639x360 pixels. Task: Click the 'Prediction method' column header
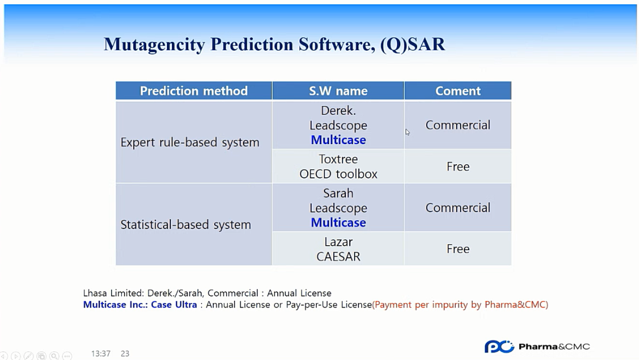click(x=194, y=90)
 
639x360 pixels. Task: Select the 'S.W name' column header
click(x=338, y=90)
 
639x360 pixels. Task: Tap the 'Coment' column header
click(x=458, y=90)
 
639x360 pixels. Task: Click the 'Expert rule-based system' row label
click(x=190, y=142)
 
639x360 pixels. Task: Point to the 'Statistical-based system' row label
click(x=186, y=225)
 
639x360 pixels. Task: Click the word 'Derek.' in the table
click(x=338, y=110)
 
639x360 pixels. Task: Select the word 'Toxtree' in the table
click(x=338, y=159)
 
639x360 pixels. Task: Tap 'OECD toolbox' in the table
click(x=338, y=174)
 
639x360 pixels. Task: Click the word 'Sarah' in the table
click(x=338, y=193)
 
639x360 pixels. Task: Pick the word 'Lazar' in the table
click(x=338, y=242)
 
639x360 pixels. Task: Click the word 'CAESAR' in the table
click(x=338, y=257)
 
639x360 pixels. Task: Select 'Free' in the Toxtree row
click(x=458, y=166)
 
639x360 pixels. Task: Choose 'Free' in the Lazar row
click(x=458, y=249)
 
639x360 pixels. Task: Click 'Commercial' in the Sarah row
click(x=458, y=208)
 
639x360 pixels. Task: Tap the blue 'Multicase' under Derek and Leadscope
click(x=338, y=140)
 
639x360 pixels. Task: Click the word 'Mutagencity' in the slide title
click(x=154, y=45)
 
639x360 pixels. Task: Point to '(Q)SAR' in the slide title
click(x=412, y=45)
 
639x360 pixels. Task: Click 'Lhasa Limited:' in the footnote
click(x=113, y=293)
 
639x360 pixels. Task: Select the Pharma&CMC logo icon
click(x=499, y=346)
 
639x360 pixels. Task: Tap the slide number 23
click(x=125, y=353)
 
